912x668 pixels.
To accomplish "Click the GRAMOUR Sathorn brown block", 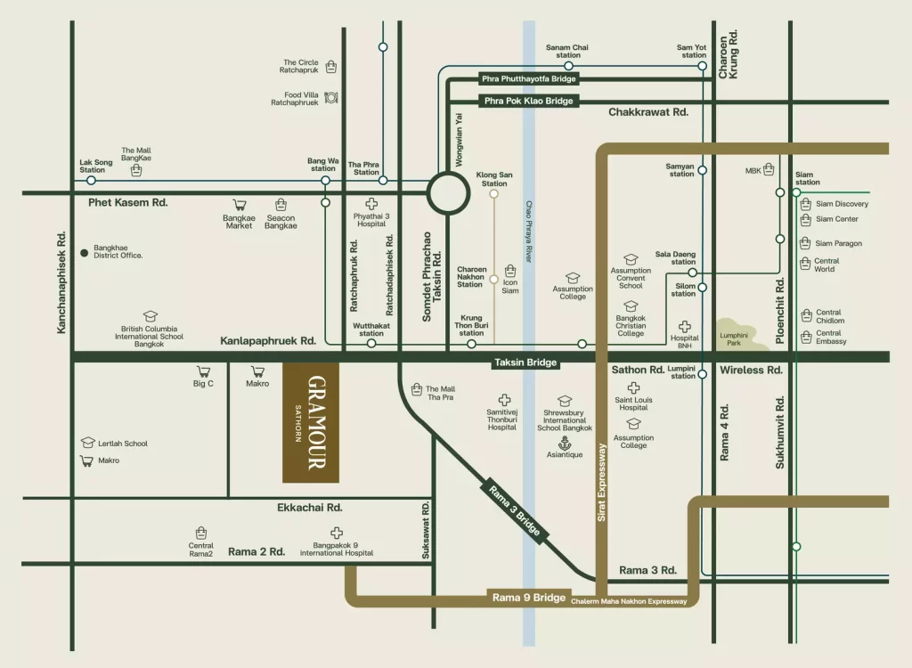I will pyautogui.click(x=311, y=422).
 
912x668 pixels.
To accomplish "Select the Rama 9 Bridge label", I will pyautogui.click(x=529, y=598).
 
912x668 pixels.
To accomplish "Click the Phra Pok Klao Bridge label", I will pyautogui.click(x=529, y=102).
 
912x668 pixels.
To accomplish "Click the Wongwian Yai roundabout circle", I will pyautogui.click(x=447, y=191).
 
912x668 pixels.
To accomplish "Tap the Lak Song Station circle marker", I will pyautogui.click(x=91, y=180).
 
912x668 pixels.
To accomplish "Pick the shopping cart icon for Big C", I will pyautogui.click(x=203, y=371).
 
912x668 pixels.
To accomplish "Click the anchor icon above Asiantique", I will pyautogui.click(x=564, y=443).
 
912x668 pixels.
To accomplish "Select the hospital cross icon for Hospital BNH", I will pyautogui.click(x=685, y=327).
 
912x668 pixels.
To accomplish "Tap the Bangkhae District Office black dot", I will pyautogui.click(x=85, y=253).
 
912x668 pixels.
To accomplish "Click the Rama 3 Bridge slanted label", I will pyautogui.click(x=515, y=511).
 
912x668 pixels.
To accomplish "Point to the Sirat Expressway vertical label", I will pyautogui.click(x=602, y=481).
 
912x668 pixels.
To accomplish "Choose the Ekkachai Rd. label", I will pyautogui.click(x=310, y=507).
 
